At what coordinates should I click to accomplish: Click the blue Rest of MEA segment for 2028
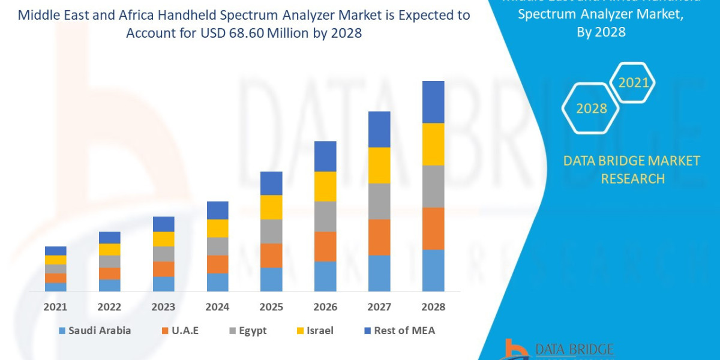coord(433,102)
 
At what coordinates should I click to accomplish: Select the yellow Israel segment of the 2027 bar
coord(379,165)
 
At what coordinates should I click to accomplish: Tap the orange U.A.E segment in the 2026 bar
coord(325,246)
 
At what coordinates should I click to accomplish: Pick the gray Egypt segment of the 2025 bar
coord(271,231)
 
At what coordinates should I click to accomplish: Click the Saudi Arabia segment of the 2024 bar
coord(217,282)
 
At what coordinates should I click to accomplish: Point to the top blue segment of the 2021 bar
coord(56,251)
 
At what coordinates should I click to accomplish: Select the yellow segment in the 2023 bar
coord(163,239)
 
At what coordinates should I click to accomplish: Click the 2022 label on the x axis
coord(109,307)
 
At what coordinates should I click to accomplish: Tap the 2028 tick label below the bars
coord(433,307)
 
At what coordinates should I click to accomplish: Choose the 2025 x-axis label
coord(271,307)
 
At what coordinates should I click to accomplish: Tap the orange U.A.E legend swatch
coord(166,331)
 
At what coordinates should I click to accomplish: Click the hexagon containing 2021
coord(633,82)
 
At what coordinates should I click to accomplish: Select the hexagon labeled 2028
coord(592,109)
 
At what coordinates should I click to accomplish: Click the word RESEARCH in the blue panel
coord(632,178)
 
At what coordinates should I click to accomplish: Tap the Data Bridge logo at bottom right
coord(558,350)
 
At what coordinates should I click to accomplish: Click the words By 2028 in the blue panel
coord(601,32)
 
